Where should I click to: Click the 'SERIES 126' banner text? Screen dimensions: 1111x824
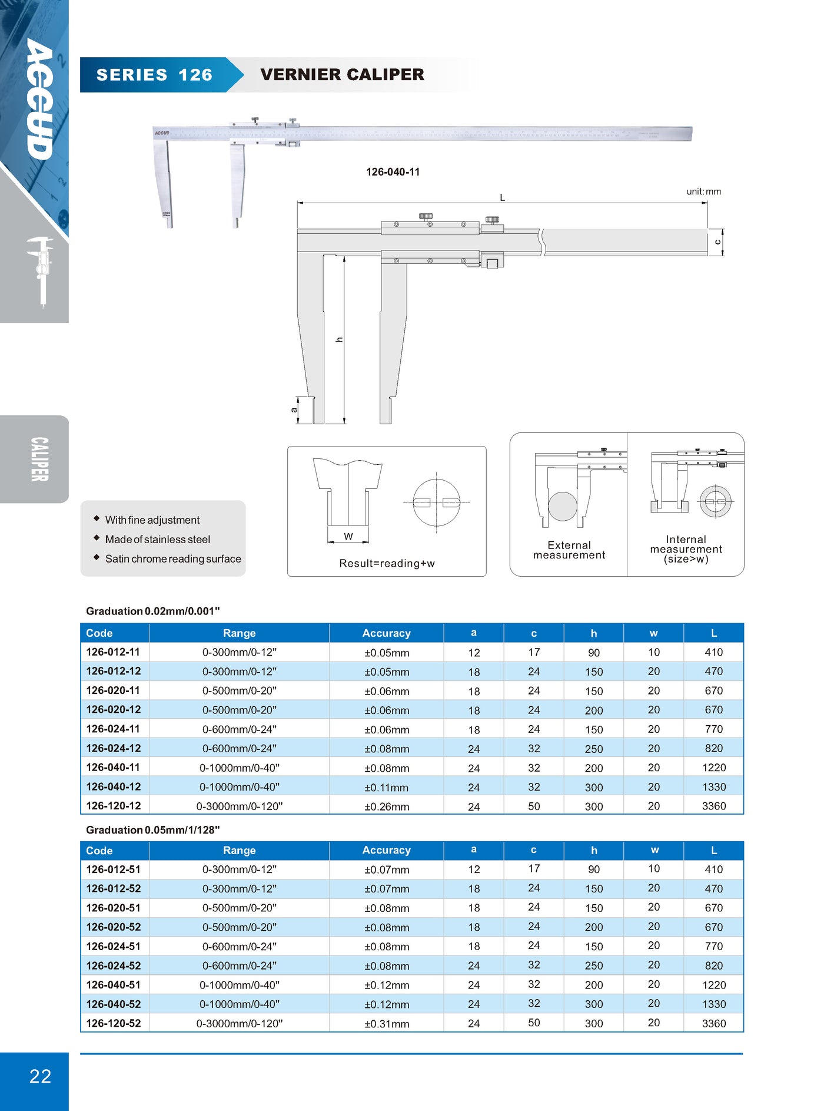tap(154, 75)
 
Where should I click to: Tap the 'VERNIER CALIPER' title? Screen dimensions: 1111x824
tap(342, 74)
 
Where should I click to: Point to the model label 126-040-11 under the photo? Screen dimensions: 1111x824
tap(393, 172)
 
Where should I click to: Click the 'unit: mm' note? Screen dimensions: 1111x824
tap(703, 191)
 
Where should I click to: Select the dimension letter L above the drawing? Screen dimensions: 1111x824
tap(502, 197)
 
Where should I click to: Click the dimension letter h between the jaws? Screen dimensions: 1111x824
tap(339, 340)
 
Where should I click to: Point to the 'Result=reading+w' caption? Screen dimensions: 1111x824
tap(387, 563)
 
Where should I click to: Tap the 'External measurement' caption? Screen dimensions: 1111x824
tap(569, 550)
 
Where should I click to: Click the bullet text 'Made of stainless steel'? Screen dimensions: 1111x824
tap(157, 539)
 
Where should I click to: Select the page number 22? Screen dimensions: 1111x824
tap(40, 1076)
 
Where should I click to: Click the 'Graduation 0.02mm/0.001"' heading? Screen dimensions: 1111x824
tap(152, 611)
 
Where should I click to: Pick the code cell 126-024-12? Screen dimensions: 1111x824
tap(114, 748)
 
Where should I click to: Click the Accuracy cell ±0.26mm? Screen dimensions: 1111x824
tap(387, 806)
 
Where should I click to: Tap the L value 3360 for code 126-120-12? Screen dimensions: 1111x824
tap(713, 806)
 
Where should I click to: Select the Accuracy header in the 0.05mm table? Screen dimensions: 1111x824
tap(386, 850)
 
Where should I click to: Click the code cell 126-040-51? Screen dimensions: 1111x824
tap(114, 984)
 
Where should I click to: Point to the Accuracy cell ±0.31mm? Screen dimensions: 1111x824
tap(387, 1024)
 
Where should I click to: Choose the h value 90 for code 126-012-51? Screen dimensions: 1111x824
tap(593, 869)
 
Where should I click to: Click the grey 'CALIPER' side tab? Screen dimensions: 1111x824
tap(39, 459)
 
